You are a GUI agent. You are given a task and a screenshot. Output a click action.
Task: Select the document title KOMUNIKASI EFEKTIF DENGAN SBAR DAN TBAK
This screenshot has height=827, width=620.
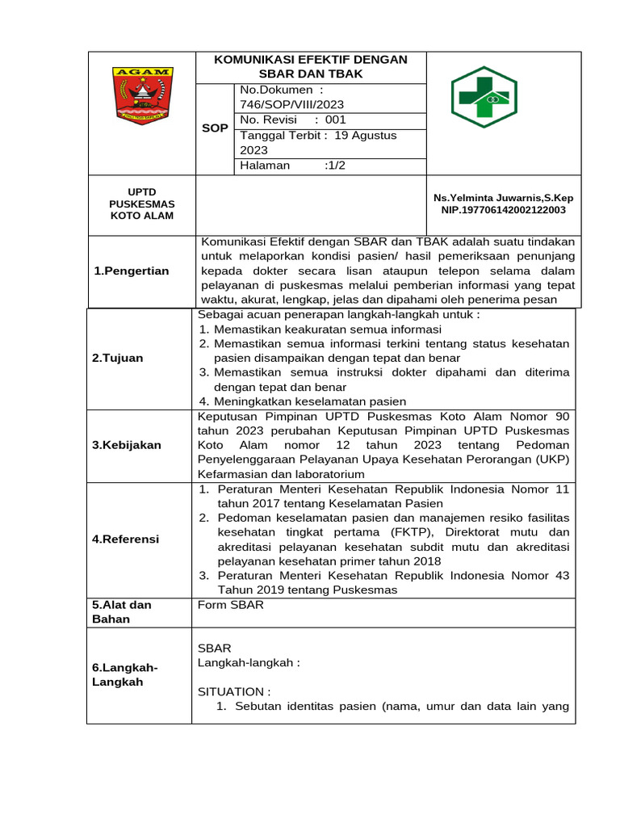point(310,66)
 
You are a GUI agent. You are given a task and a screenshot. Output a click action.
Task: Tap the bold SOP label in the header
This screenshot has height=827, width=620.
point(215,128)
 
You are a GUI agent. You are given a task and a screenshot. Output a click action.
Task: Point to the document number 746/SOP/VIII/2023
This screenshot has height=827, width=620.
point(287,104)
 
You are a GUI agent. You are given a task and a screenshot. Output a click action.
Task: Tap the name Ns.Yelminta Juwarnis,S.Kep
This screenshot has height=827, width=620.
point(503,197)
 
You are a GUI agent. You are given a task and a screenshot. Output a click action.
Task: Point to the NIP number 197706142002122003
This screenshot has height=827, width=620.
point(503,210)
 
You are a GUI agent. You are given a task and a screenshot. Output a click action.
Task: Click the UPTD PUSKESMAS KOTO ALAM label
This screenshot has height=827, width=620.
point(141,204)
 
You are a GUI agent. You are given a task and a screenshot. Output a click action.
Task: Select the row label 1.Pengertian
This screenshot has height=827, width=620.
point(132,271)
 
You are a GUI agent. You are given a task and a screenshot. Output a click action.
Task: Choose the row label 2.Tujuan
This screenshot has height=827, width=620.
point(117,358)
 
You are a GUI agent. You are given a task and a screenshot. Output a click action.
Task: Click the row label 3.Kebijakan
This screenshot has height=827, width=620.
point(126,445)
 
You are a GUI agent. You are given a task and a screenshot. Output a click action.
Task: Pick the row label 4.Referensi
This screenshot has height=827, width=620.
point(125,539)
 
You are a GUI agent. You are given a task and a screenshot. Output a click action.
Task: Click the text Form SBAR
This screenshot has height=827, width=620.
point(230,605)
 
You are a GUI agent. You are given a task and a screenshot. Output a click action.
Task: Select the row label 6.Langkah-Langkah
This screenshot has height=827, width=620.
point(124,674)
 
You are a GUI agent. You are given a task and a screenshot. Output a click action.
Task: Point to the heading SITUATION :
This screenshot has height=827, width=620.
point(234,691)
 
